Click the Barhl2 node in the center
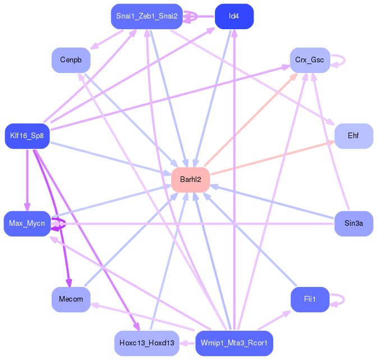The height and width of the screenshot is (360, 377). [x=190, y=180]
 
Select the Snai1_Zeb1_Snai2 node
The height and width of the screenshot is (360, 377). [x=146, y=16]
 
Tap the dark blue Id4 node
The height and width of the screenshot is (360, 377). [x=234, y=16]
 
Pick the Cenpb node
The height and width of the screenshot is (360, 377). [x=71, y=60]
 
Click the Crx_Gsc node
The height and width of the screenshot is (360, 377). [x=310, y=60]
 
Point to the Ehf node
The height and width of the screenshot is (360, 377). [x=353, y=136]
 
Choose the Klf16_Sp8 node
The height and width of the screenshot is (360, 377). [x=27, y=136]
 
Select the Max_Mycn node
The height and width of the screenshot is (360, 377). [x=27, y=224]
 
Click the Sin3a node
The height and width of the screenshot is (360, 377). [x=353, y=224]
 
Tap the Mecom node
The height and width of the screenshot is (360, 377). [x=71, y=299]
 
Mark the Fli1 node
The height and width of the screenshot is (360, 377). [x=310, y=299]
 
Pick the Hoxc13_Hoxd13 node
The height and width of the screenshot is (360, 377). [x=146, y=343]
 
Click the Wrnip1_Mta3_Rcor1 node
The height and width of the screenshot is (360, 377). [x=234, y=343]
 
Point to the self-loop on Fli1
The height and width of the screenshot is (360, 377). [x=344, y=299]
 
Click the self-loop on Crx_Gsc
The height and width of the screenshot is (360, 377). [x=345, y=60]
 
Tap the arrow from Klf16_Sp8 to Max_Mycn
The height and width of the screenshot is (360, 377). [x=27, y=180]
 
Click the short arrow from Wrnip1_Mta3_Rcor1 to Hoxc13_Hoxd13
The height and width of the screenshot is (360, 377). [x=187, y=343]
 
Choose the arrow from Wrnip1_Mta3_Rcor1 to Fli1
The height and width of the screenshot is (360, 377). [x=274, y=320]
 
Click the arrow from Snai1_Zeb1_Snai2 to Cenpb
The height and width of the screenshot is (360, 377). [x=107, y=40]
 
